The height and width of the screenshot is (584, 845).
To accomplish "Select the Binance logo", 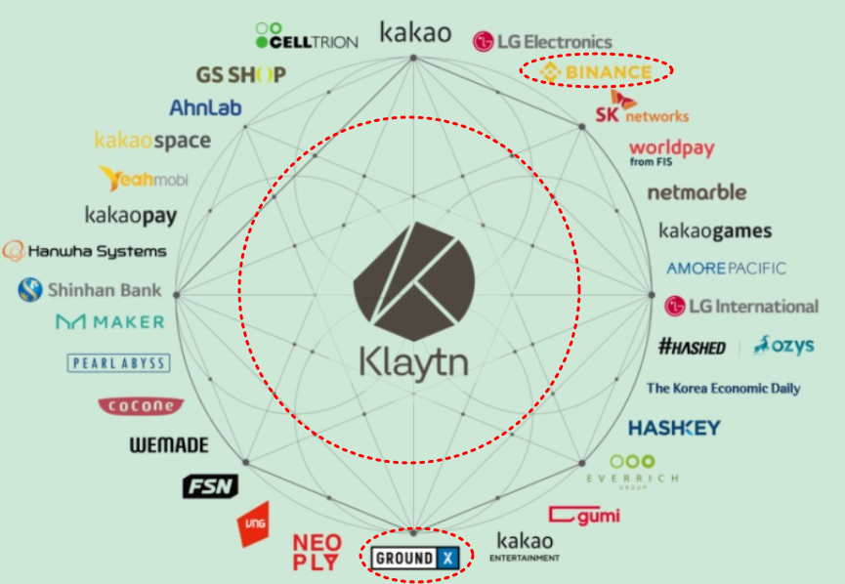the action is pyautogui.click(x=595, y=72).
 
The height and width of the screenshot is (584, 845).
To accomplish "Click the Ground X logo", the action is pyautogui.click(x=414, y=558).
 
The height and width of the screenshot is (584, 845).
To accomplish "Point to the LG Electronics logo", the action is pyautogui.click(x=542, y=41).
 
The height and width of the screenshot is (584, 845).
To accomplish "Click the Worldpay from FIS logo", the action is pyautogui.click(x=671, y=151).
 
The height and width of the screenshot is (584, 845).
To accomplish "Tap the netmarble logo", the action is pyautogui.click(x=697, y=191).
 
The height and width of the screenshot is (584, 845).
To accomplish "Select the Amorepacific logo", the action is pyautogui.click(x=726, y=268).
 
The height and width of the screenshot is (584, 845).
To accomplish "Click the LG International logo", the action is pyautogui.click(x=741, y=306).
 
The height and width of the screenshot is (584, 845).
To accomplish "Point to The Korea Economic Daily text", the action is pyautogui.click(x=723, y=388).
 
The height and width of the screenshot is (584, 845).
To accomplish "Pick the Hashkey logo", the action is pyautogui.click(x=674, y=428).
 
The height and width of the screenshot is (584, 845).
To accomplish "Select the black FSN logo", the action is pyautogui.click(x=210, y=485).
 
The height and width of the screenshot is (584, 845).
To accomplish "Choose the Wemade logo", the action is pyautogui.click(x=169, y=445).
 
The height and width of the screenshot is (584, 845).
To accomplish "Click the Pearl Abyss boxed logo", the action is pyautogui.click(x=118, y=363).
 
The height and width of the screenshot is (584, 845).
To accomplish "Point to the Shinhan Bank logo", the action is pyautogui.click(x=90, y=290).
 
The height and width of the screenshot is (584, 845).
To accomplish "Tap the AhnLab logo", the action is pyautogui.click(x=205, y=107).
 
